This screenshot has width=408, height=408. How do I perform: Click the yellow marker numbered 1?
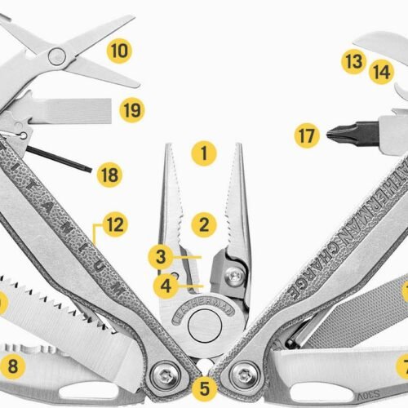coord(203,152)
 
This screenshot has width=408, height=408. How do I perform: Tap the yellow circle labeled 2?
coord(203,222)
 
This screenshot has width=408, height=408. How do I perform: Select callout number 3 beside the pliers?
coord(162,257)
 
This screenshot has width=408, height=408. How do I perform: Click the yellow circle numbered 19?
coord(131,109)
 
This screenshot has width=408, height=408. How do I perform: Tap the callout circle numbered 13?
coord(353,62)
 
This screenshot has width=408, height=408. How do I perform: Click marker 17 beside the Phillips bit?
coord(306,135)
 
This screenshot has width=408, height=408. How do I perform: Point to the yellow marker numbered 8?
coord(11,365)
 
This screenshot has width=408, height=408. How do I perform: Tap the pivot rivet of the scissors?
coord(56,55)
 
